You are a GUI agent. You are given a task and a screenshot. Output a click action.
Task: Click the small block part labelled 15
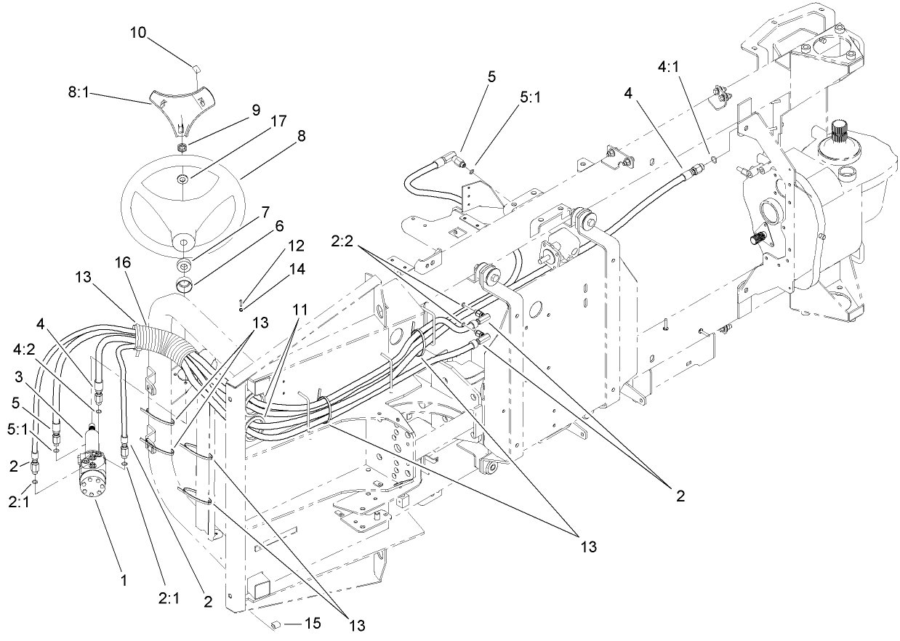pyautogui.click(x=276, y=624)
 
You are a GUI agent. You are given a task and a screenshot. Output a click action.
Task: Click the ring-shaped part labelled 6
pyautogui.click(x=185, y=282)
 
